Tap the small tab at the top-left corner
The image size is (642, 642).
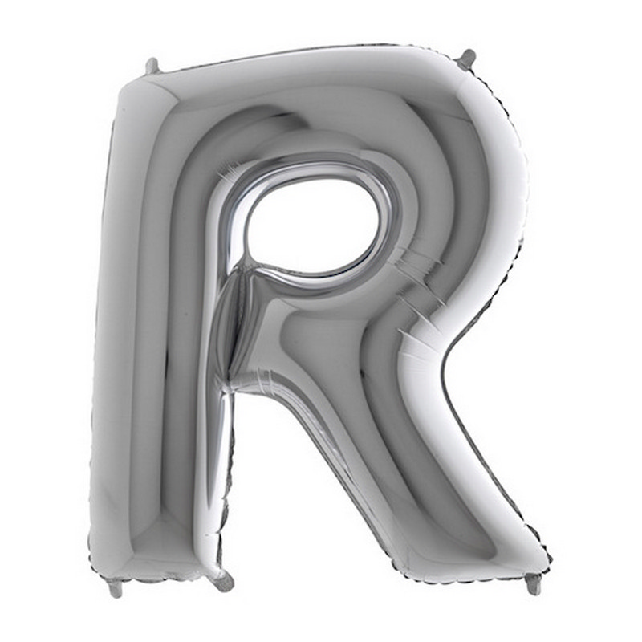pos(152,67)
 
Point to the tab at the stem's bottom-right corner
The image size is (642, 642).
pos(222,577)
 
